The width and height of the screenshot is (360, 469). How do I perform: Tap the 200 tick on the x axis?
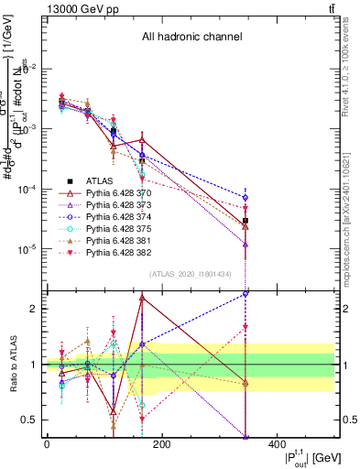coord(161,444)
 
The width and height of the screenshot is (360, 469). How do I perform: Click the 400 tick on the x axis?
coord(276,444)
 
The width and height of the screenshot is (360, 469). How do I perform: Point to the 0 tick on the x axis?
coord(47,444)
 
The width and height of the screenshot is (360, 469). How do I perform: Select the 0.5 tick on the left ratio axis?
coord(36,420)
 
